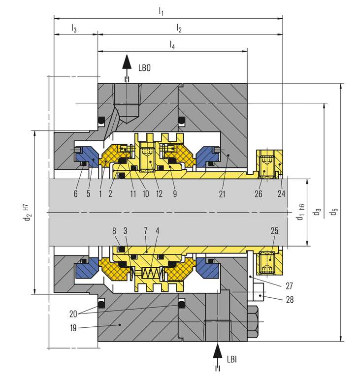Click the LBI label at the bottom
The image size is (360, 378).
click(x=232, y=360)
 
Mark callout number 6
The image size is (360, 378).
click(x=75, y=194)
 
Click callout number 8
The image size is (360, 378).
click(x=114, y=230)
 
